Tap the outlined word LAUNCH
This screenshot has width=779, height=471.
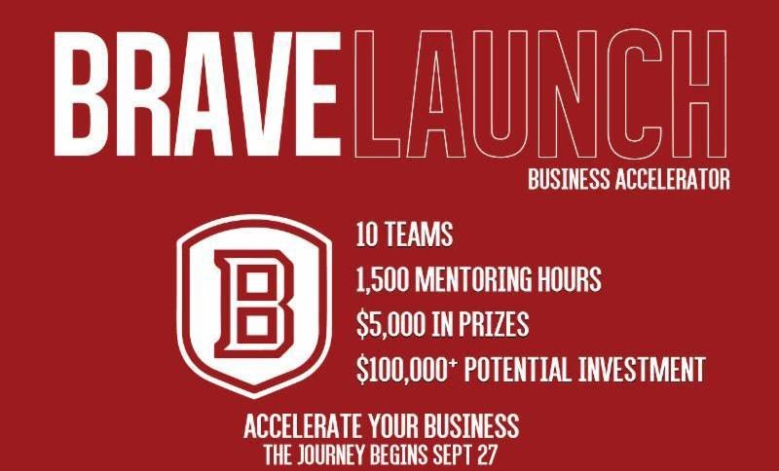(x=539, y=94)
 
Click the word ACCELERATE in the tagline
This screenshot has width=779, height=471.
(x=304, y=426)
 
